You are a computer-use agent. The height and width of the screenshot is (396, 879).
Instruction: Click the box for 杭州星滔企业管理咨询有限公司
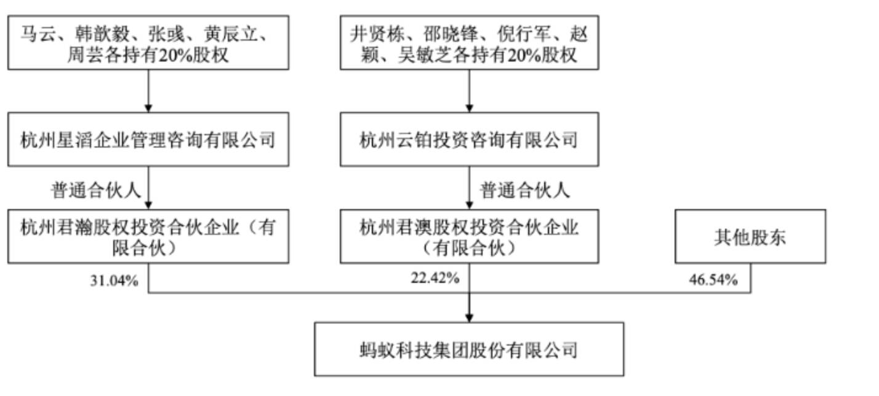coord(148,140)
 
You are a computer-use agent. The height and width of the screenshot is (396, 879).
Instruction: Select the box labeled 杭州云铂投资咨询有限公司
coord(469,140)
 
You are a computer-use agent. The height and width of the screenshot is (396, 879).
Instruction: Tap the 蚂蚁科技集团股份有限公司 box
coord(469,349)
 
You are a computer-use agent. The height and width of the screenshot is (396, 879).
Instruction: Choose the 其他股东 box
coord(750,237)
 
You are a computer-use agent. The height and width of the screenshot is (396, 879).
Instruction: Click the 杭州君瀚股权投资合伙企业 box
coord(148,237)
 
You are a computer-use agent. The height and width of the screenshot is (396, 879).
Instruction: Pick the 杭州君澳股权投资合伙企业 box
coord(469,237)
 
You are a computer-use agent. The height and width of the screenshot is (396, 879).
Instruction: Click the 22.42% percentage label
coord(435,278)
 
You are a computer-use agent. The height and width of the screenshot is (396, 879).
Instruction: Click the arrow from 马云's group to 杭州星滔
coord(148,90)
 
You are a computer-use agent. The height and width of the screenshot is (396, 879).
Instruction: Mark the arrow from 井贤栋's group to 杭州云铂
coord(469,90)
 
